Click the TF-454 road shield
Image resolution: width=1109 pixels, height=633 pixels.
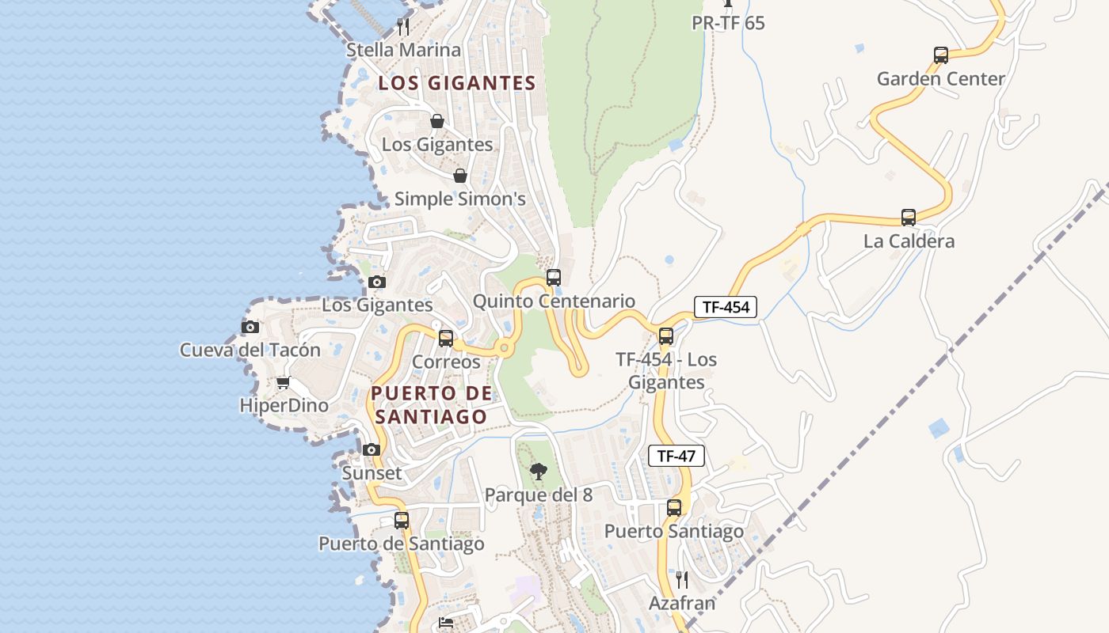pyautogui.click(x=726, y=307)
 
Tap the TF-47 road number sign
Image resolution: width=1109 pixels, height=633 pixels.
pyautogui.click(x=676, y=456)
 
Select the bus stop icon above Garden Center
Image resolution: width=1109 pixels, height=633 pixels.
pyautogui.click(x=940, y=55)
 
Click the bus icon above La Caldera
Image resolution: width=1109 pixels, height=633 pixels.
pyautogui.click(x=908, y=218)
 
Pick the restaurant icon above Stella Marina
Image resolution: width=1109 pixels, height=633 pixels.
pyautogui.click(x=403, y=27)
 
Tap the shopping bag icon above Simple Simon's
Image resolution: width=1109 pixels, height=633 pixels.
pyautogui.click(x=459, y=176)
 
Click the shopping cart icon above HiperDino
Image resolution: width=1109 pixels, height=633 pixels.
pyautogui.click(x=283, y=383)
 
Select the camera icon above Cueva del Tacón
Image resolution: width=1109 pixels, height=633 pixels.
pyautogui.click(x=250, y=327)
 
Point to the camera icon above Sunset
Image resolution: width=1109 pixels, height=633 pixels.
pyautogui.click(x=371, y=449)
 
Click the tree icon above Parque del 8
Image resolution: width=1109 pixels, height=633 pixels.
pyautogui.click(x=538, y=472)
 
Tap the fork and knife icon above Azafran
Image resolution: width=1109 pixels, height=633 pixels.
pyautogui.click(x=681, y=580)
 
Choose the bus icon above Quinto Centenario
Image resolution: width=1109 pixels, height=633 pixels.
pyautogui.click(x=554, y=278)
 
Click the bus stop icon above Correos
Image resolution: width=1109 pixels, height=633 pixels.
pyautogui.click(x=446, y=339)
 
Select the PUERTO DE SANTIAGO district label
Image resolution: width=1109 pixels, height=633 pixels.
pyautogui.click(x=432, y=404)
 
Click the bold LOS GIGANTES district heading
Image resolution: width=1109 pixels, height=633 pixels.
pyautogui.click(x=457, y=83)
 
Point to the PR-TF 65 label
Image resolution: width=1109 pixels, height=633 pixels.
pyautogui.click(x=728, y=23)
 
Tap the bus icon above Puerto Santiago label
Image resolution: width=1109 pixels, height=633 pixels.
pyautogui.click(x=673, y=508)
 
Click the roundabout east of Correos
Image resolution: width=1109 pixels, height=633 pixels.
pyautogui.click(x=503, y=347)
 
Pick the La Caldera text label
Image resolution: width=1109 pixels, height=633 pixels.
pyautogui.click(x=909, y=241)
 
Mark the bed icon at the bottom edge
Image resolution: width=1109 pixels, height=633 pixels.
pyautogui.click(x=446, y=624)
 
